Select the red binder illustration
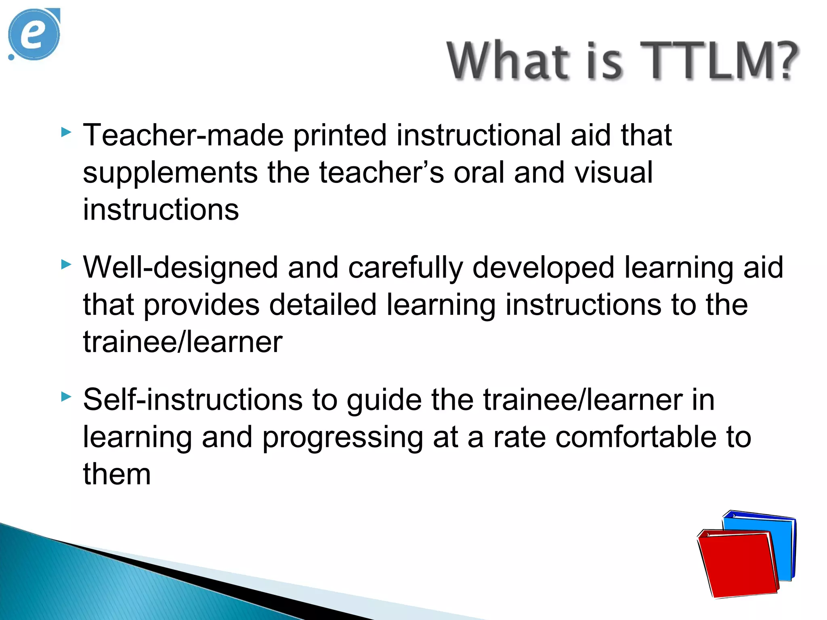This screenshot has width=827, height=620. coord(737,563)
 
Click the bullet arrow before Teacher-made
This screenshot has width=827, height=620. coord(66,132)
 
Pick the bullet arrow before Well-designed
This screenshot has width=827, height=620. coord(66,265)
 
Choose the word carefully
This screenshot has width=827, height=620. coord(405,268)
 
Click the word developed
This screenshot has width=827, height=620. coord(543,268)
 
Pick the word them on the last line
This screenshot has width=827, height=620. coord(117,474)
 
